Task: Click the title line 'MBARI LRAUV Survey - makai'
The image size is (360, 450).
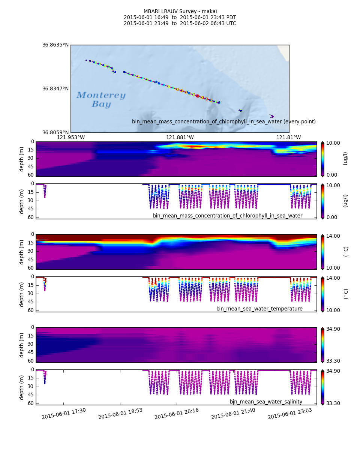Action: click(x=180, y=12)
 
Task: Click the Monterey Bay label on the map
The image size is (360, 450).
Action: click(x=101, y=100)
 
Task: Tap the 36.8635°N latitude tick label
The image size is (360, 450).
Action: click(x=55, y=45)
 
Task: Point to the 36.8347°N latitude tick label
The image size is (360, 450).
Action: click(x=55, y=89)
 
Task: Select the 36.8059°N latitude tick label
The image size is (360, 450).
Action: click(x=55, y=132)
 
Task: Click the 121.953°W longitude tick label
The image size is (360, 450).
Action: click(x=71, y=138)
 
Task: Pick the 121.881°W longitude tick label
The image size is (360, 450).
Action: click(x=180, y=138)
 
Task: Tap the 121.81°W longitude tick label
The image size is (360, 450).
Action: click(x=288, y=138)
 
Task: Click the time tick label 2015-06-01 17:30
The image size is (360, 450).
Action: click(x=64, y=414)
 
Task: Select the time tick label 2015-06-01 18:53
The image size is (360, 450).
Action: click(x=120, y=414)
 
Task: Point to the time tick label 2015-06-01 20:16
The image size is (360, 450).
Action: click(x=177, y=414)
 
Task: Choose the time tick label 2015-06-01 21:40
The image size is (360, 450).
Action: click(x=233, y=414)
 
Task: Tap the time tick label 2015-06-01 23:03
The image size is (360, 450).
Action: click(x=290, y=414)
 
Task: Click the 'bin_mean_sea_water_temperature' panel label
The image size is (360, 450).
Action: click(x=259, y=309)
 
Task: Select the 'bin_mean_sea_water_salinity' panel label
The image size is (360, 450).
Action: click(x=266, y=402)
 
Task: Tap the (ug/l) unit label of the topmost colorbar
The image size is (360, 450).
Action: click(x=345, y=159)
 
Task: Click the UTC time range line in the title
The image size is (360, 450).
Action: click(x=180, y=24)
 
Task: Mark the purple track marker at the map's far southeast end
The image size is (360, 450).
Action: click(x=272, y=116)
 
